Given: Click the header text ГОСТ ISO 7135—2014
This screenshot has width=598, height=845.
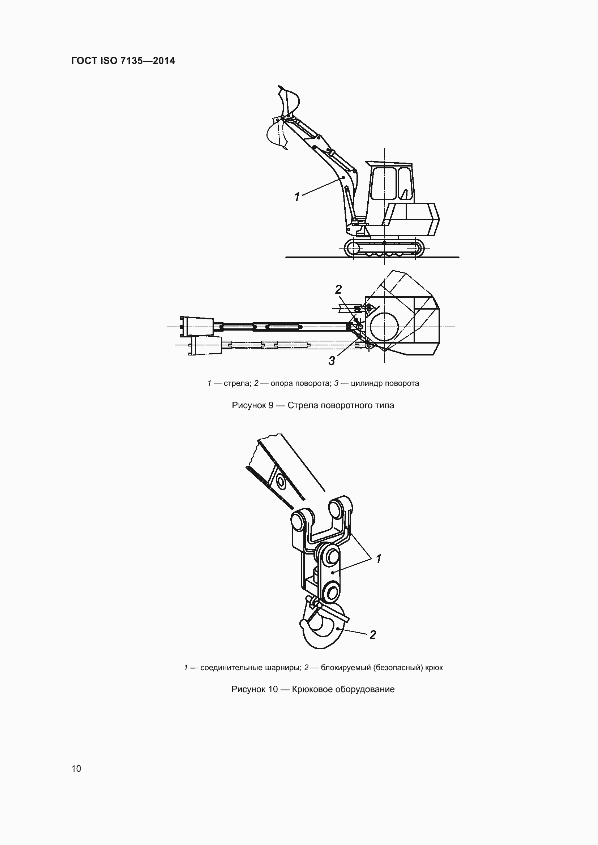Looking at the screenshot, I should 123,61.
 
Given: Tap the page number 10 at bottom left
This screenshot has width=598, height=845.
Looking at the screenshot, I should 76,768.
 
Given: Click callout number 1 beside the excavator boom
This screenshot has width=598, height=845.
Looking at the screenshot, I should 297,197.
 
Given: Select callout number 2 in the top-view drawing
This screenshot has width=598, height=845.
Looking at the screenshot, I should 338,290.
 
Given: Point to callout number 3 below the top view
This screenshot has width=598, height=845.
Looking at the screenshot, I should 332,361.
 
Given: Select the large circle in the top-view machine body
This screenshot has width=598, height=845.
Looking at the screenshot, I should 384,327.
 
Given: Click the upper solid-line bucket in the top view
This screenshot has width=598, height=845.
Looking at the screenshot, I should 197,327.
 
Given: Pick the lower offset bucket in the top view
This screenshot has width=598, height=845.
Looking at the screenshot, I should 205,345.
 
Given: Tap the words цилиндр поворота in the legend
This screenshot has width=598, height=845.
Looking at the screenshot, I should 385,384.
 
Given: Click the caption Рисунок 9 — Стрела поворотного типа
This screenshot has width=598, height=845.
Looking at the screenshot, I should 313,406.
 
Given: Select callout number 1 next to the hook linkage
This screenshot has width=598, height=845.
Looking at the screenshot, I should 378,559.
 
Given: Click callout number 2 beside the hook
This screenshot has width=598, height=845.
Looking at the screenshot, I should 373,635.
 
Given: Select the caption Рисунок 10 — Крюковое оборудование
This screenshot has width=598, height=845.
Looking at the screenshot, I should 313,689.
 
